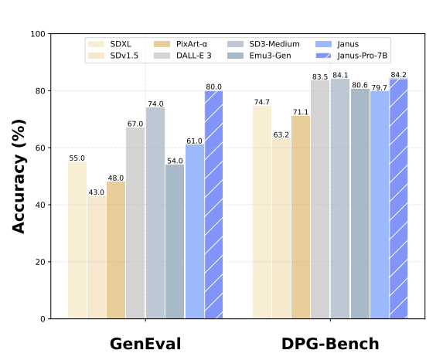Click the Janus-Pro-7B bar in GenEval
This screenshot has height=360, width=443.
coord(213,205)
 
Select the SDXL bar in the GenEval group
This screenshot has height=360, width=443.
coord(77,240)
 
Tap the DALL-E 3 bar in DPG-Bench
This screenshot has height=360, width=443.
coord(320,199)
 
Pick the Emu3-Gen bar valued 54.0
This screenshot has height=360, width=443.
coord(175,242)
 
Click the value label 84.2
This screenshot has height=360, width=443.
coord(399,75)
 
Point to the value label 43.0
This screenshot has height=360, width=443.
coord(97,192)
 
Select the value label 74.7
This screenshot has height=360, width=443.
coord(262,102)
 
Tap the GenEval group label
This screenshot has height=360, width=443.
coord(145,344)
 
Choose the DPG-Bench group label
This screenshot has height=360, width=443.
coord(330,344)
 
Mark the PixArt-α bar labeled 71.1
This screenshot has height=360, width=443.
coord(301,217)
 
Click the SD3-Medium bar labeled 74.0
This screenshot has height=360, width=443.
coord(155,213)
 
